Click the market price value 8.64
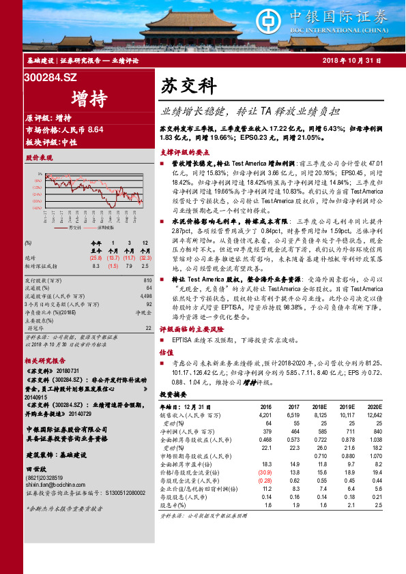94,130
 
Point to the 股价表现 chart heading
39,157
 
